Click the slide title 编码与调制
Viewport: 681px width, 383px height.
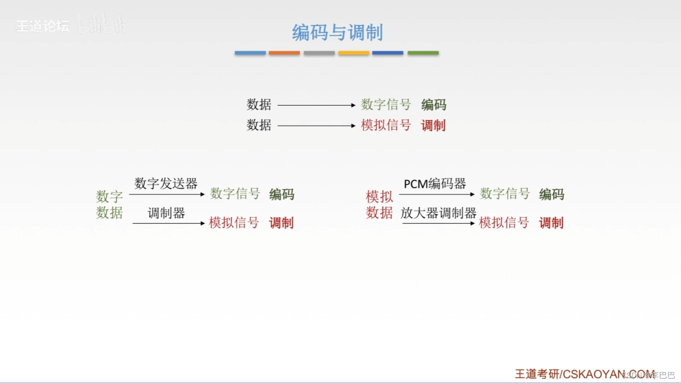click(337, 32)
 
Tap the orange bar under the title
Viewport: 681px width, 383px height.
click(284, 53)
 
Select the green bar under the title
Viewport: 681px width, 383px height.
click(423, 53)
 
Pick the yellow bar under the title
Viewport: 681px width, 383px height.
click(353, 53)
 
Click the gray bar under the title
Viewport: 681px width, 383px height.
click(319, 53)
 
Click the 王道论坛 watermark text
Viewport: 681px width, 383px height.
click(43, 26)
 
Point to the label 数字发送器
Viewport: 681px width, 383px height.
click(166, 184)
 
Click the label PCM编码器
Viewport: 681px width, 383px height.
click(435, 184)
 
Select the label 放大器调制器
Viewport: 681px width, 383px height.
click(438, 213)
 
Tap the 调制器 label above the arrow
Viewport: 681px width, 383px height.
click(166, 213)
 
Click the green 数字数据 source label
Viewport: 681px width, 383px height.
click(109, 205)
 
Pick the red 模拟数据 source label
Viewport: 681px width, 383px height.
click(379, 205)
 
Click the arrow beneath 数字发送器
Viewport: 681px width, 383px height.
click(167, 195)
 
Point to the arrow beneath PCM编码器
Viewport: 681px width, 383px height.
click(436, 195)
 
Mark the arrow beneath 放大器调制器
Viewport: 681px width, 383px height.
click(438, 224)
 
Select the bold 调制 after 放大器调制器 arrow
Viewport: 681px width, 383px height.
click(551, 223)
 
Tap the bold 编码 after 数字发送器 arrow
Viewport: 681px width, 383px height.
click(282, 194)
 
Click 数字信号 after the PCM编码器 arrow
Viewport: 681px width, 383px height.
click(505, 194)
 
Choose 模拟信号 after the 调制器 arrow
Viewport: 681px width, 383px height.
click(234, 223)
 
